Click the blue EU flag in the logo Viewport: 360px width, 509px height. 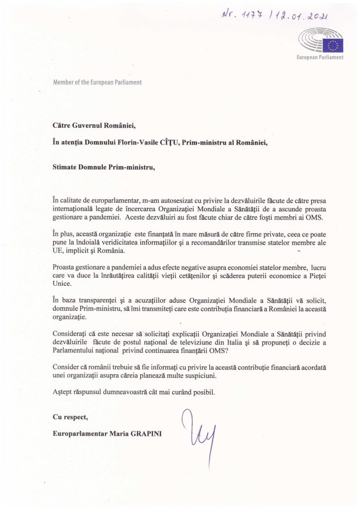point(333,45)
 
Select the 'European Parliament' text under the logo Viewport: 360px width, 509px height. point(320,58)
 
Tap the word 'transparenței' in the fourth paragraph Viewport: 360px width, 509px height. point(95,300)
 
